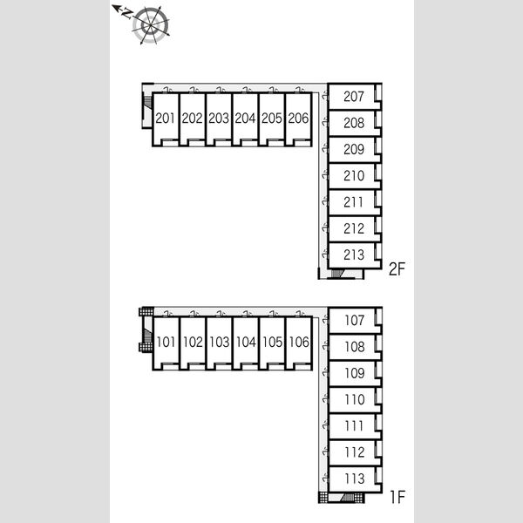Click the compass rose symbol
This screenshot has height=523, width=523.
click(x=151, y=25)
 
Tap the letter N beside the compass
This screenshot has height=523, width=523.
click(x=126, y=13)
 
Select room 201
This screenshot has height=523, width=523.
click(x=166, y=119)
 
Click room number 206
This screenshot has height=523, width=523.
click(x=298, y=119)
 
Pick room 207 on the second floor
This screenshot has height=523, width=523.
click(x=355, y=97)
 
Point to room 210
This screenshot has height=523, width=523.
click(x=355, y=176)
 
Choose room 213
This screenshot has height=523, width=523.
click(x=355, y=255)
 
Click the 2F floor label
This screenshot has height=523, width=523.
click(x=397, y=268)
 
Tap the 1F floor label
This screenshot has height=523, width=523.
click(x=397, y=497)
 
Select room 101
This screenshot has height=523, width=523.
click(x=166, y=343)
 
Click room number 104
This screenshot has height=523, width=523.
click(x=246, y=343)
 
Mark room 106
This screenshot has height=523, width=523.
click(x=298, y=343)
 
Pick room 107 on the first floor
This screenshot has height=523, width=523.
click(x=355, y=320)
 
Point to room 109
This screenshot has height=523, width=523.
click(x=355, y=373)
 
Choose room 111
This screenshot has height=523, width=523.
click(x=355, y=426)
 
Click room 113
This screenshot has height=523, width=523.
click(x=355, y=479)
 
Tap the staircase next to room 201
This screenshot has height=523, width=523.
click(x=147, y=102)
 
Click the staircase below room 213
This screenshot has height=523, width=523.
click(x=337, y=274)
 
